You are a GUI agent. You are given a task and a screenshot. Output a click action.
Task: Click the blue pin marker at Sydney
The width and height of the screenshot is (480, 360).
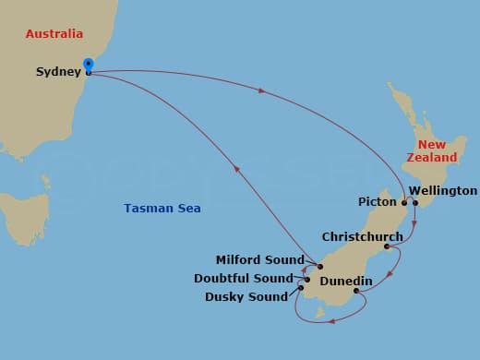click(88, 65)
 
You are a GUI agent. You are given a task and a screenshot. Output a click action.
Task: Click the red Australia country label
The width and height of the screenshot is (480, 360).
click(54, 34)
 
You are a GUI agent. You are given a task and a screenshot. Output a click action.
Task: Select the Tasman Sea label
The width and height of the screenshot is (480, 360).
click(162, 209)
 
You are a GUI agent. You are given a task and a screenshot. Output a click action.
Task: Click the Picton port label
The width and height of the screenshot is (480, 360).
click(378, 201)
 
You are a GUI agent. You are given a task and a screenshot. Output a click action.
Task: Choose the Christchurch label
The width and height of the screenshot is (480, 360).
click(362, 237)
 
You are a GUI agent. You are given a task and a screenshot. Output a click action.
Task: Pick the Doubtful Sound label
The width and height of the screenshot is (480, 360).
click(243, 279)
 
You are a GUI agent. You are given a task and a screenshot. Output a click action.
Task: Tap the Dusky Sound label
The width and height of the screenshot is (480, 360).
click(247, 297)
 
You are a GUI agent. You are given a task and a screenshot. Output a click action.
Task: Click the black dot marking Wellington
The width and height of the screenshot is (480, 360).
click(415, 203)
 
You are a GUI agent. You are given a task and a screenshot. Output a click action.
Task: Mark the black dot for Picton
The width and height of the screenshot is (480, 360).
click(403, 202)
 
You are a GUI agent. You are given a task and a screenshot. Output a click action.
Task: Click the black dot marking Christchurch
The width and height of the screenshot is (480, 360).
click(386, 246)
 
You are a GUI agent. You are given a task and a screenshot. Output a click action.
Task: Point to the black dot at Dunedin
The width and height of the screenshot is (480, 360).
click(356, 291)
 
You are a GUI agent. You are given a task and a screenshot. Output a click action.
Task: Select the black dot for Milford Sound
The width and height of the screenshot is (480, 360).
click(319, 267)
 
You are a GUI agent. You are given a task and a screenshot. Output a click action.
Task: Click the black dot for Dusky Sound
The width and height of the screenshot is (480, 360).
click(301, 288)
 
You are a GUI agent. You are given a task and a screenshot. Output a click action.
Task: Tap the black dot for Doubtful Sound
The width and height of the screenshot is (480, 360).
click(307, 278)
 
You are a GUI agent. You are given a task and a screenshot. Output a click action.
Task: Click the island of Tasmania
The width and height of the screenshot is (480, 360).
click(23, 217)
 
